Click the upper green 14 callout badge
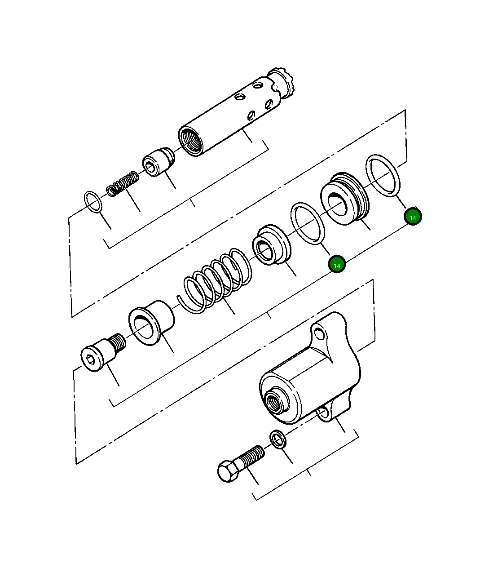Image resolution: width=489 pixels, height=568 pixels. click(413, 217)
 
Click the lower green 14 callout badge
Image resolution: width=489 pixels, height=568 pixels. click(337, 265)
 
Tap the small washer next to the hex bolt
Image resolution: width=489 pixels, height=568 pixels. click(278, 439)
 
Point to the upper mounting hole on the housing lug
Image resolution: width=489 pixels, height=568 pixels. click(320, 333)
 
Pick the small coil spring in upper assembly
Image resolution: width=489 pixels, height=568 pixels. click(123, 183)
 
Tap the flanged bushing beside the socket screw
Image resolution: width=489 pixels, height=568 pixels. click(151, 324)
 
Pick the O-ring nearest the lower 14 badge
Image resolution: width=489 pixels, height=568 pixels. click(308, 223)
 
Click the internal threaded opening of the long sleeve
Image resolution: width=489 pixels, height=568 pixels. click(190, 142)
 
